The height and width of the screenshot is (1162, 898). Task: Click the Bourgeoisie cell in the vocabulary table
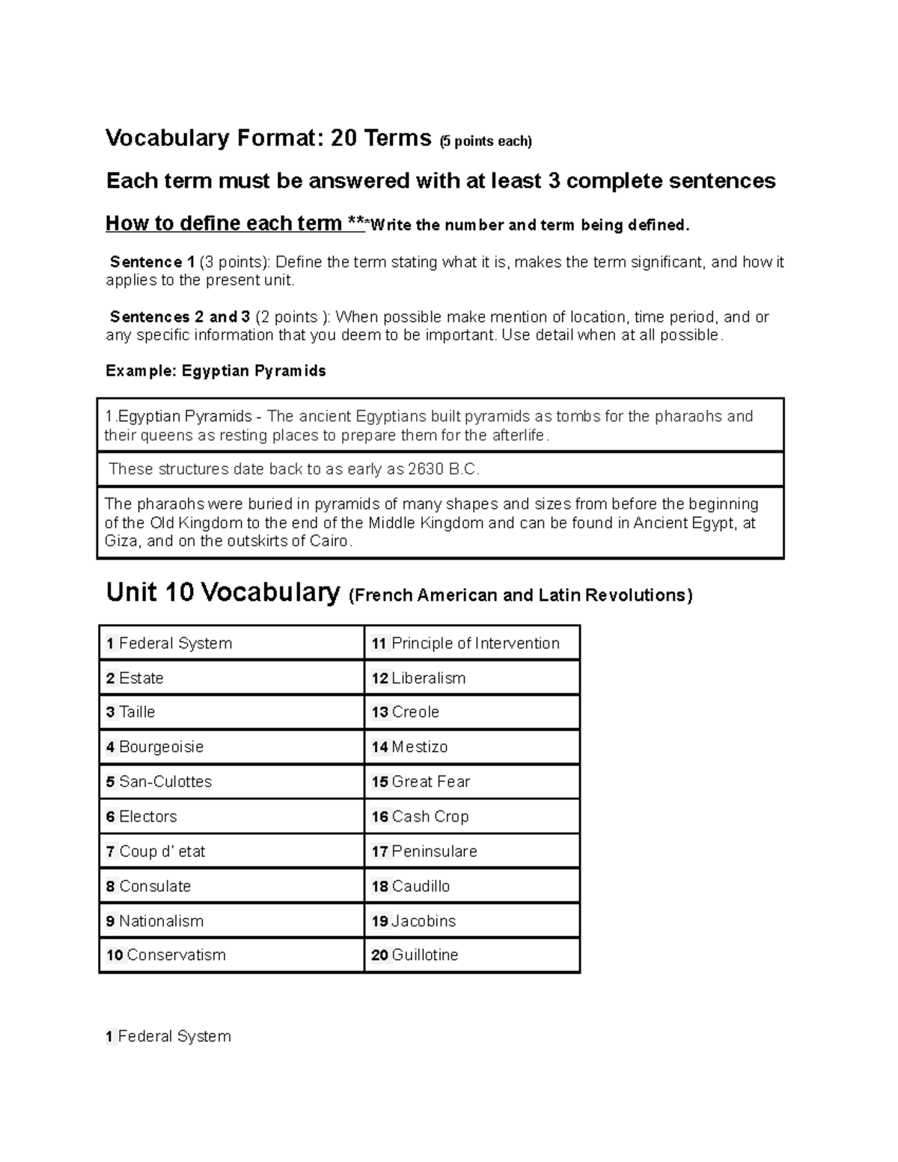(155, 747)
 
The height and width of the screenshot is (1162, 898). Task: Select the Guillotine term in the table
(415, 955)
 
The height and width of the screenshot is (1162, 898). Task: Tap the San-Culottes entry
(159, 781)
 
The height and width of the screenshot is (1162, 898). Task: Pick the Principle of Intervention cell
(465, 643)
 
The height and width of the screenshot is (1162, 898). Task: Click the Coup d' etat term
(156, 851)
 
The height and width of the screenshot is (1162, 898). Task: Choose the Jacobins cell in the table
(414, 921)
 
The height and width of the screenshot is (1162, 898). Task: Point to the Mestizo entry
(410, 747)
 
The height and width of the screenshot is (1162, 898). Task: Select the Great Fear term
(421, 781)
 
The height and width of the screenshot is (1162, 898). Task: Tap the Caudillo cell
(411, 886)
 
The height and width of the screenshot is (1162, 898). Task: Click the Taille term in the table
(131, 712)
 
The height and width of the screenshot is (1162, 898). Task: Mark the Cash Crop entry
(421, 816)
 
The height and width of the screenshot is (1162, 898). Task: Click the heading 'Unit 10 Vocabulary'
(223, 593)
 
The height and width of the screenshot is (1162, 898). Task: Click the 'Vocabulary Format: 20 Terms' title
(269, 138)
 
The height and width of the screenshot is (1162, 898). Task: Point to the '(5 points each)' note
(485, 141)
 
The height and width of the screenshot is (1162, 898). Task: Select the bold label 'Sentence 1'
(153, 263)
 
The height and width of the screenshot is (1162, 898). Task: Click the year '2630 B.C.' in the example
(443, 470)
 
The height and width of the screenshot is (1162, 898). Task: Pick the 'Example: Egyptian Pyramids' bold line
(216, 371)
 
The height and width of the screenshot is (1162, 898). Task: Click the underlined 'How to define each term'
(224, 224)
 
